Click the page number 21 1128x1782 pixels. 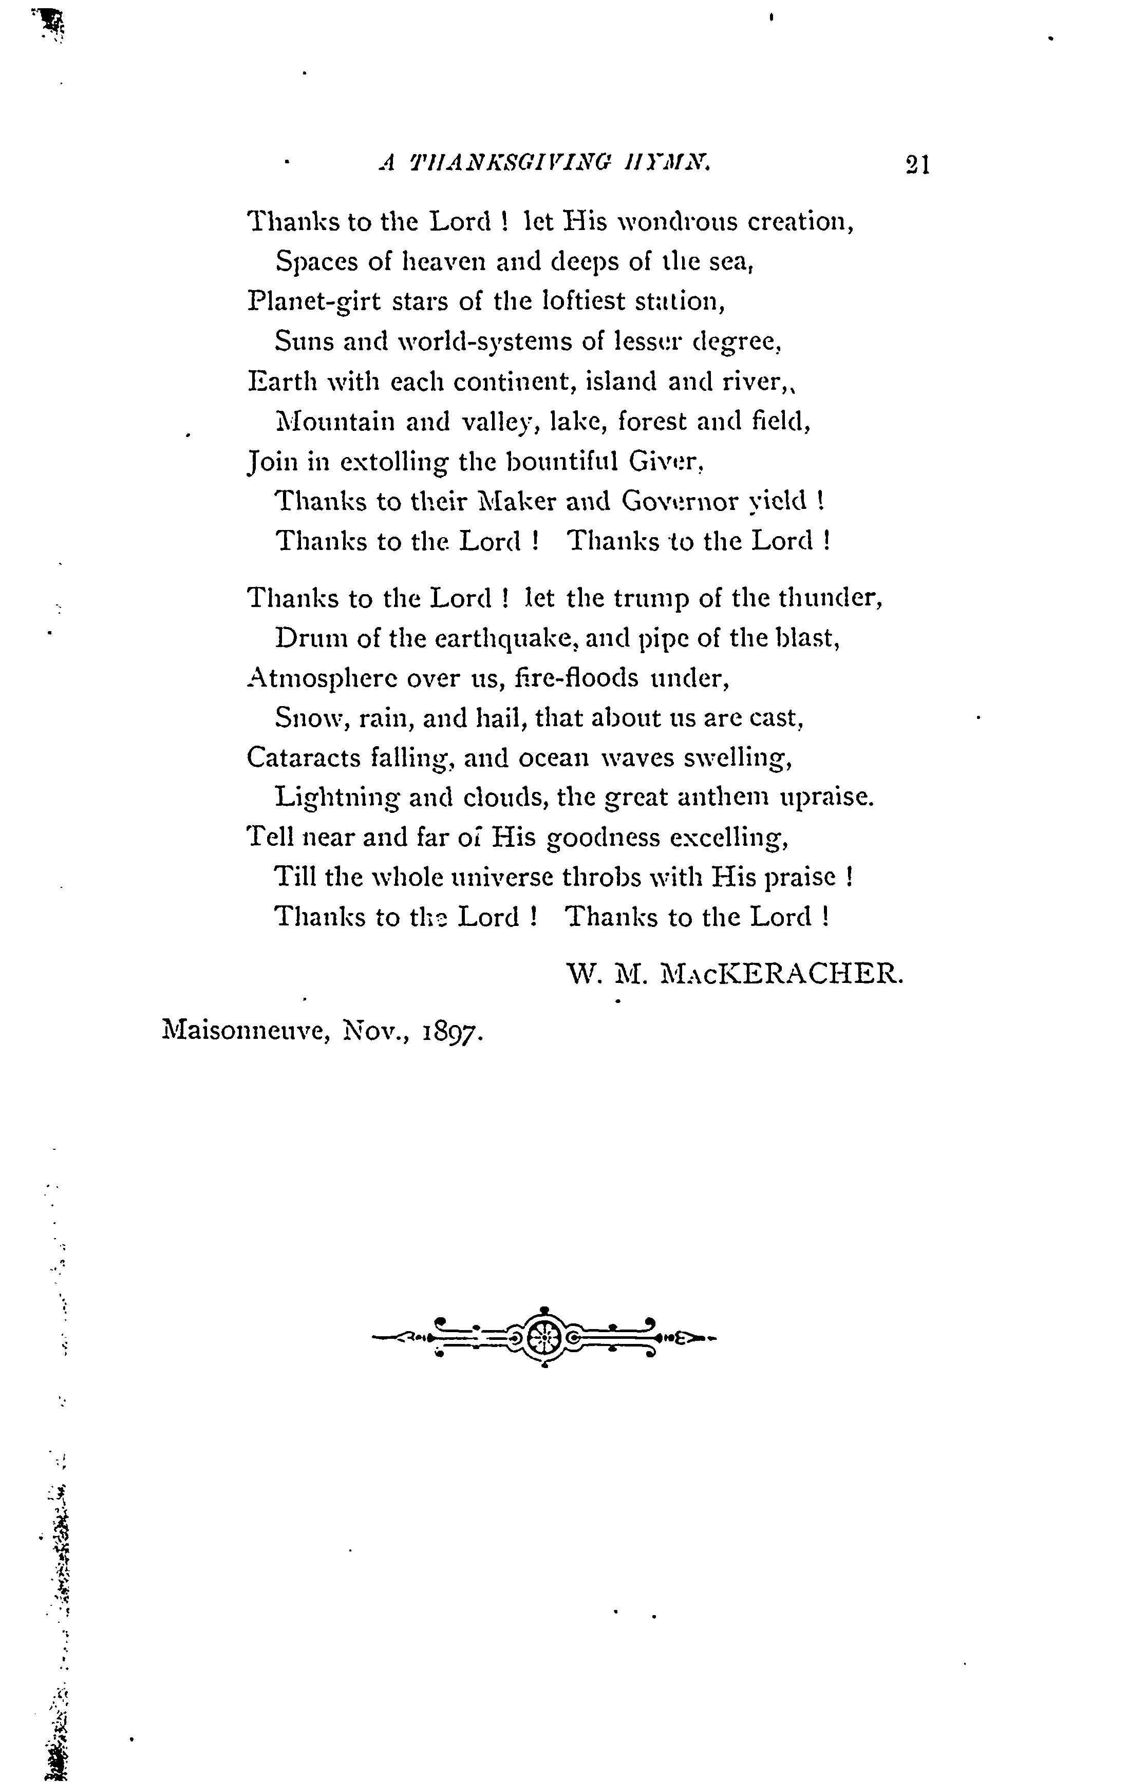(916, 163)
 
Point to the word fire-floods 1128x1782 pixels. (576, 678)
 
